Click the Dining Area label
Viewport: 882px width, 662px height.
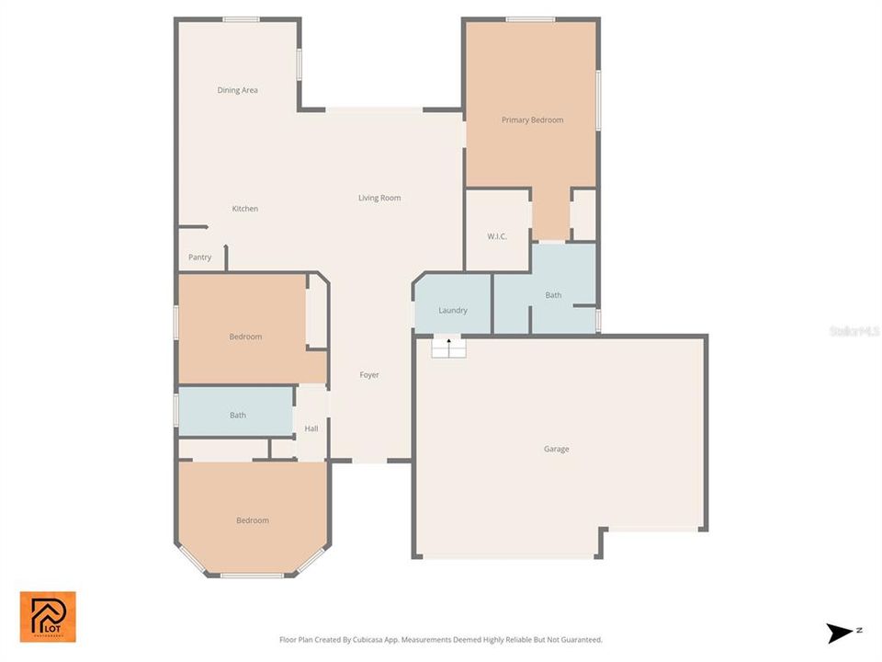237,90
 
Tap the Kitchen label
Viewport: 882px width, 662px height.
244,209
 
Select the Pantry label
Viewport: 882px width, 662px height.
199,257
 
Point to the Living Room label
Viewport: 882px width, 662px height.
379,198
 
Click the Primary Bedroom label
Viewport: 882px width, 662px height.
532,120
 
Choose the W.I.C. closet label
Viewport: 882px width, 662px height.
497,236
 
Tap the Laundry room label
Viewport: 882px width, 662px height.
453,310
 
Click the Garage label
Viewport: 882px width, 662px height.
556,449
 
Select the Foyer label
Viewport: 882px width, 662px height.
368,374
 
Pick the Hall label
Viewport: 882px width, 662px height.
311,428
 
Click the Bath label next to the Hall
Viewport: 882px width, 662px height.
238,415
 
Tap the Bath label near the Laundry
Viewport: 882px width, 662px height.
553,295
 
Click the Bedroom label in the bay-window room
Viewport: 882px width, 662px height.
253,520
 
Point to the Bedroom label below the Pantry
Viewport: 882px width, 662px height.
245,337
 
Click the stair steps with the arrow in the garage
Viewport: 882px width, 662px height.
449,348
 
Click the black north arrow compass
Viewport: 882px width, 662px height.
840,633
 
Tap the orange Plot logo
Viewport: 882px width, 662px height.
48,616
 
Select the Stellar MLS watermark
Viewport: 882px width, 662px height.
854,330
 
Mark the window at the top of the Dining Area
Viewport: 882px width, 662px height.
241,19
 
